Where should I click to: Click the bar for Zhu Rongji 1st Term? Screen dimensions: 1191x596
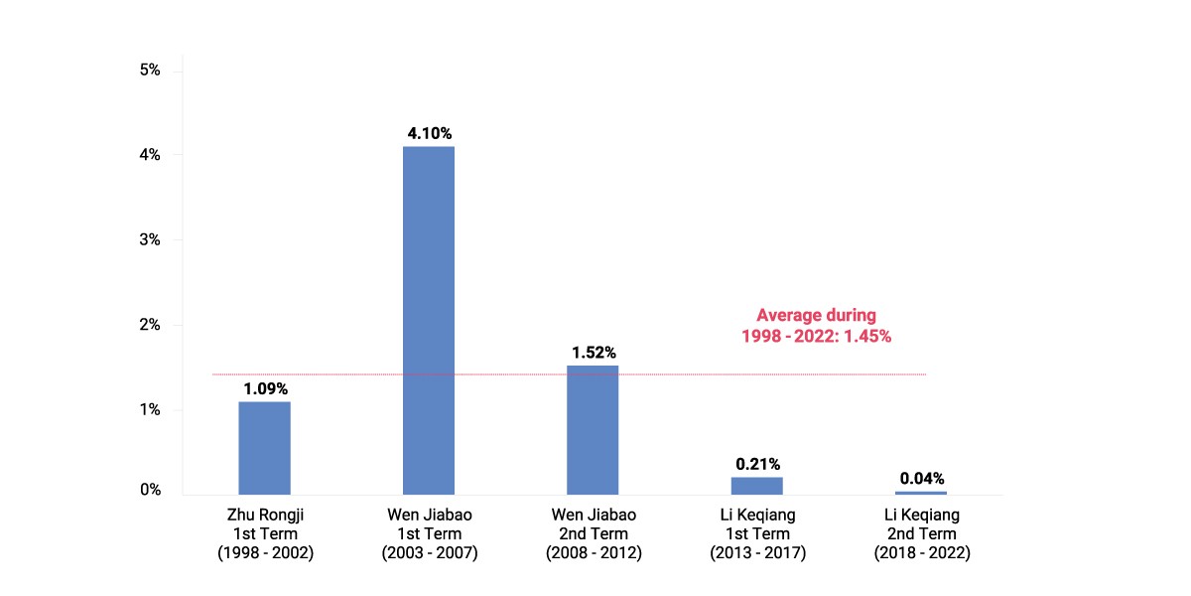click(x=264, y=448)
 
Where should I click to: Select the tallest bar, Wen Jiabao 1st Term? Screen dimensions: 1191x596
click(x=429, y=320)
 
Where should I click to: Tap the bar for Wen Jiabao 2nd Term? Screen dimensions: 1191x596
click(x=593, y=430)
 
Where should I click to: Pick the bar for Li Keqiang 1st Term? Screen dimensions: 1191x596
click(x=757, y=486)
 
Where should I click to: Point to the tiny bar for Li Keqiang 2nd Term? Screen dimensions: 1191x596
click(x=921, y=494)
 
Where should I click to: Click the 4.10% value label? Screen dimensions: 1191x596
click(x=430, y=133)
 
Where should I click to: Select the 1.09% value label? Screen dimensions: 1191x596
click(x=265, y=389)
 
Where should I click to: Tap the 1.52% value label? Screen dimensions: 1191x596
click(x=594, y=353)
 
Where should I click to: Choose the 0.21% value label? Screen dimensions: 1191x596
click(x=757, y=464)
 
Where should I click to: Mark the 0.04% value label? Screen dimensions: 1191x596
click(x=922, y=479)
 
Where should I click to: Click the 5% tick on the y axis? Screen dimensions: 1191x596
click(x=150, y=70)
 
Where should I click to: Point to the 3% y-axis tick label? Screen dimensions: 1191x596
click(x=150, y=239)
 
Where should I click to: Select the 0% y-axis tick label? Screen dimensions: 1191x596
click(x=151, y=490)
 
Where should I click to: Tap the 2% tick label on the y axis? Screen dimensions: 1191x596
click(x=150, y=325)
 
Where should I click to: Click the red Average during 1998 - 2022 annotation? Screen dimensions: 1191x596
click(x=816, y=326)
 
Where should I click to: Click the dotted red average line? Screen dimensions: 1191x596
click(x=569, y=374)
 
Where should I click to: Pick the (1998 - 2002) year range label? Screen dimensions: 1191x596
click(x=265, y=553)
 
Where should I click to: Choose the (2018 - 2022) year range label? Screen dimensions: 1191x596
click(x=922, y=553)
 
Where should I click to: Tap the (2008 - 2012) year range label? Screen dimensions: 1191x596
click(x=594, y=553)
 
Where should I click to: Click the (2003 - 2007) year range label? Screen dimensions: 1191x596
click(x=430, y=553)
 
